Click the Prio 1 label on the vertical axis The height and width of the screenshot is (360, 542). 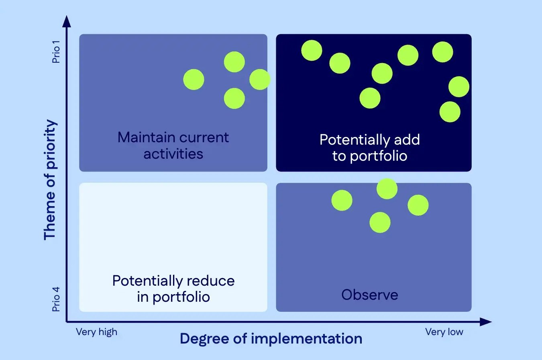point(56,54)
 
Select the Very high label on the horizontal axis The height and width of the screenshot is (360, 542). point(96,332)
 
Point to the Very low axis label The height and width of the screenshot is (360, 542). point(444,332)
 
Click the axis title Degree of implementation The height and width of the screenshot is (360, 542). point(271,339)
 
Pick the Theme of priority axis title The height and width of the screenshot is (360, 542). point(50,179)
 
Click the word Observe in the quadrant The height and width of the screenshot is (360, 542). point(370,295)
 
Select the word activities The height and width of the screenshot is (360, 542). point(173,154)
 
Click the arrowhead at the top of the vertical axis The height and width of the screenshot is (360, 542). point(67,20)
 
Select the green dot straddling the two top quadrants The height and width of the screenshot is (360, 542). point(260,80)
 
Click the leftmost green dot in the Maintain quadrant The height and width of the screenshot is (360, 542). point(194,80)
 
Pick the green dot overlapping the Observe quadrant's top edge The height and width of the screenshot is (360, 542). point(387,188)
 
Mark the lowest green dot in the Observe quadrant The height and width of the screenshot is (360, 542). point(380,223)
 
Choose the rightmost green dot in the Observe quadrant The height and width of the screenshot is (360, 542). point(418,205)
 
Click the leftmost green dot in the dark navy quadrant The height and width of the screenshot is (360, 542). point(312,51)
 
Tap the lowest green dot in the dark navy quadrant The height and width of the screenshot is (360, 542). point(450,112)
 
